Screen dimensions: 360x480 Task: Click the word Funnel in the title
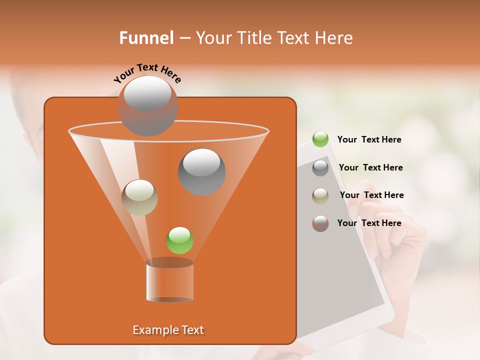[146, 38]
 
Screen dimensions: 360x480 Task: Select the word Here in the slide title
[333, 38]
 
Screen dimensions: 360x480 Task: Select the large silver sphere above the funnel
[147, 105]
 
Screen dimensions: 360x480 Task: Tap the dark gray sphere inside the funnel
[202, 171]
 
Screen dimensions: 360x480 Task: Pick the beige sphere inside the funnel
[139, 197]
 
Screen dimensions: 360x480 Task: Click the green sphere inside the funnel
[179, 240]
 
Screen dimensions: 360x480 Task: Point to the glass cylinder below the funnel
[169, 281]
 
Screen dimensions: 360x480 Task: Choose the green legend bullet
[320, 139]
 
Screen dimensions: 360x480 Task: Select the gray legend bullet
[320, 168]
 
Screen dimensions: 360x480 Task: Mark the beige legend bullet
[320, 195]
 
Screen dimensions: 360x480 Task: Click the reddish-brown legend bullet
[320, 223]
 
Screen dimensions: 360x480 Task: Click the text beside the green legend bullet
[369, 140]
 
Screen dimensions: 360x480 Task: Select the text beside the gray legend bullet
[370, 168]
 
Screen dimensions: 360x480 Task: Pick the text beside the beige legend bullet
[371, 195]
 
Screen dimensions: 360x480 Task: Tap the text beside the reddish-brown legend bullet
[369, 223]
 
